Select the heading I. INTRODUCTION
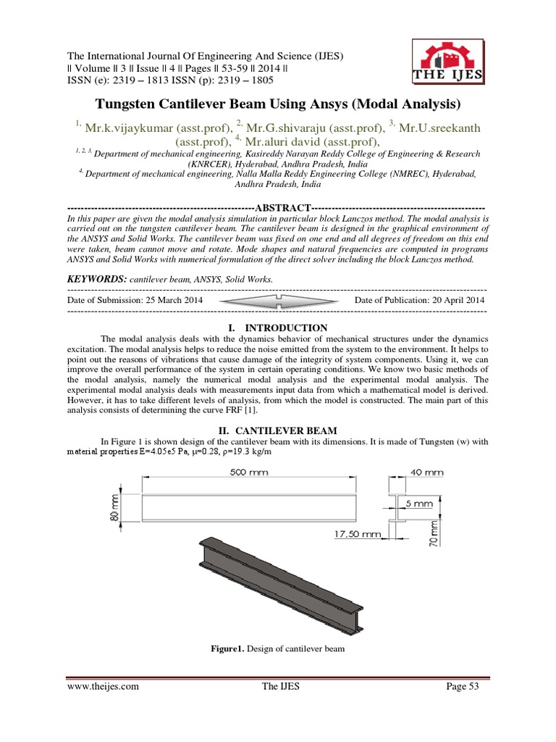277,328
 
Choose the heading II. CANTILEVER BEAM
277,429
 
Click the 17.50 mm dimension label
357,535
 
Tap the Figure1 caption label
228,649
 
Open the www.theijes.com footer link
102,687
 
